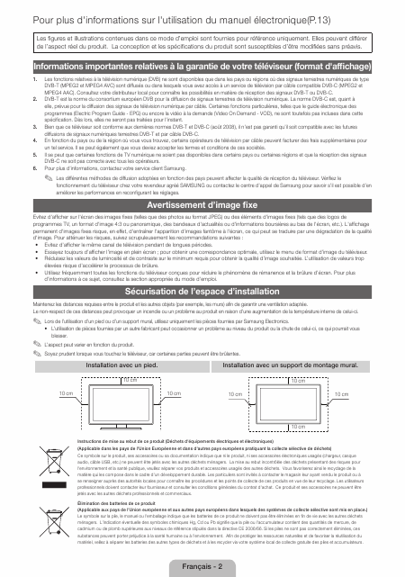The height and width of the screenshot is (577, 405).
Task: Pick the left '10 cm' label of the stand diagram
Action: [40, 394]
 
